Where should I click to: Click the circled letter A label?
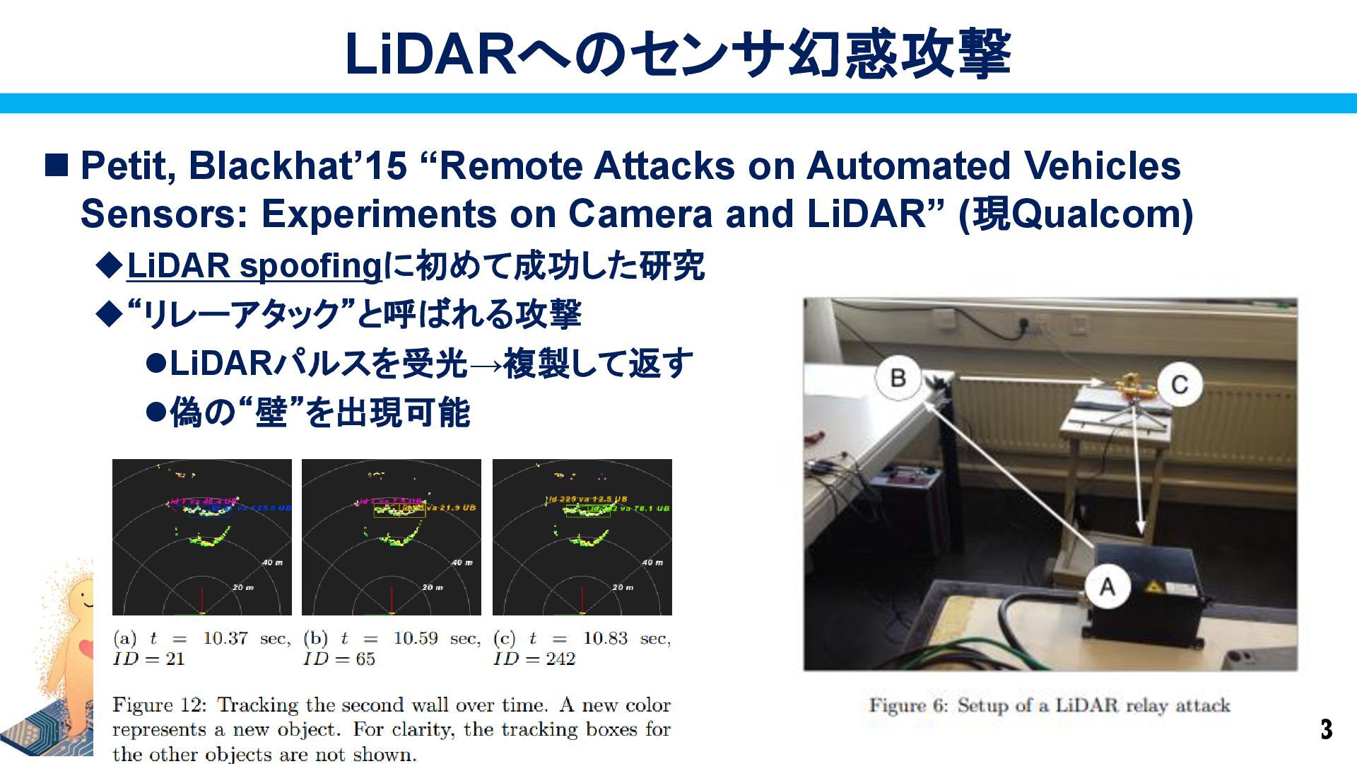point(1107,586)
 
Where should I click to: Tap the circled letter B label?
point(898,377)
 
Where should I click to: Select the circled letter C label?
point(1179,385)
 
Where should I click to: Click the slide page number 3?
point(1326,729)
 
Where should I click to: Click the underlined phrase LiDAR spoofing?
point(254,267)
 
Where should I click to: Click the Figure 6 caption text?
point(1050,705)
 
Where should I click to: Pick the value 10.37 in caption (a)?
point(225,639)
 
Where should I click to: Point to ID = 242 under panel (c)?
point(534,659)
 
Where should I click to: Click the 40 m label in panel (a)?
point(273,562)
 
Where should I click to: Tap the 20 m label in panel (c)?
point(623,587)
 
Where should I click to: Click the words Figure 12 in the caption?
point(158,705)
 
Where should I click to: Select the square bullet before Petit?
point(57,165)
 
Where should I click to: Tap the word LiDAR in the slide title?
point(431,54)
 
